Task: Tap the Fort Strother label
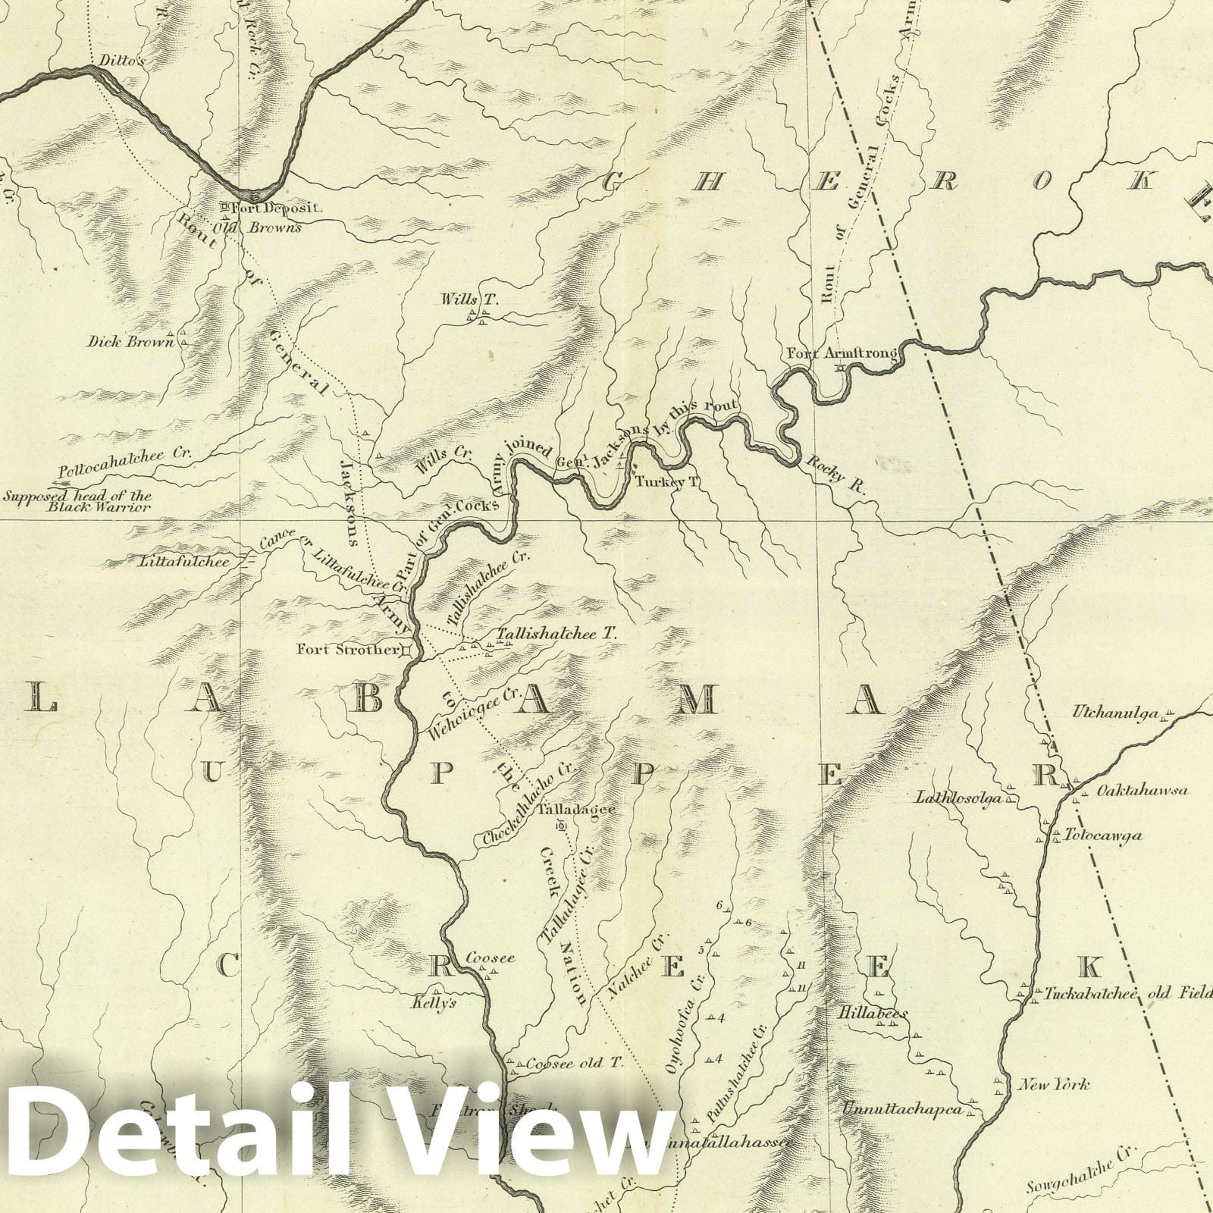pos(347,649)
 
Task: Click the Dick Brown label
pos(130,341)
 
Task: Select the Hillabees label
pos(873,1013)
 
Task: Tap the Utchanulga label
pos(1115,713)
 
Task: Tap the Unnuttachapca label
pos(901,1110)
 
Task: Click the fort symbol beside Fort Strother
pos(406,650)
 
